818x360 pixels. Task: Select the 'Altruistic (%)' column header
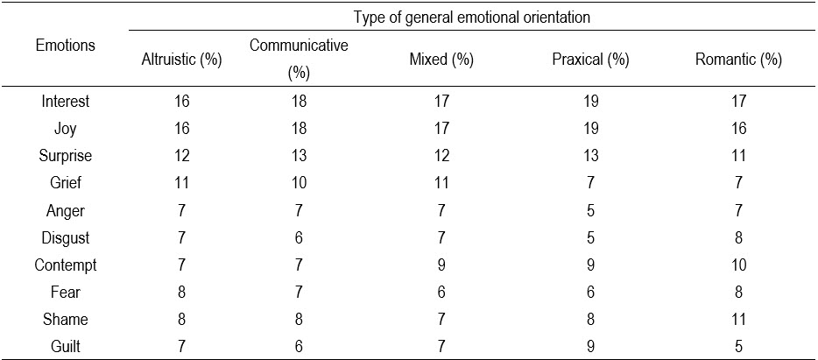(180, 60)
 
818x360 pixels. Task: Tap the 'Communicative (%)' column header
(299, 60)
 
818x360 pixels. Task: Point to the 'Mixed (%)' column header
(441, 60)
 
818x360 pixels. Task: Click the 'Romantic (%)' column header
(738, 60)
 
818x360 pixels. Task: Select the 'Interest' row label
(66, 102)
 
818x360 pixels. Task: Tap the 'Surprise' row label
(66, 156)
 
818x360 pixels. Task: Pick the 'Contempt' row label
(66, 265)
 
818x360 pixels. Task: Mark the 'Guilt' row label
(66, 346)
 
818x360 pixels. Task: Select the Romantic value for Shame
(738, 319)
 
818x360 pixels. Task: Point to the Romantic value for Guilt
(738, 346)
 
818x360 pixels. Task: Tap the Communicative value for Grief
(299, 183)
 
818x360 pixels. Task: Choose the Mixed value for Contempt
(441, 265)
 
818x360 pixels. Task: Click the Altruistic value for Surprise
(180, 156)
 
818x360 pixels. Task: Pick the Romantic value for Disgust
(738, 237)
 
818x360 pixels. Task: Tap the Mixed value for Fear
(441, 292)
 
